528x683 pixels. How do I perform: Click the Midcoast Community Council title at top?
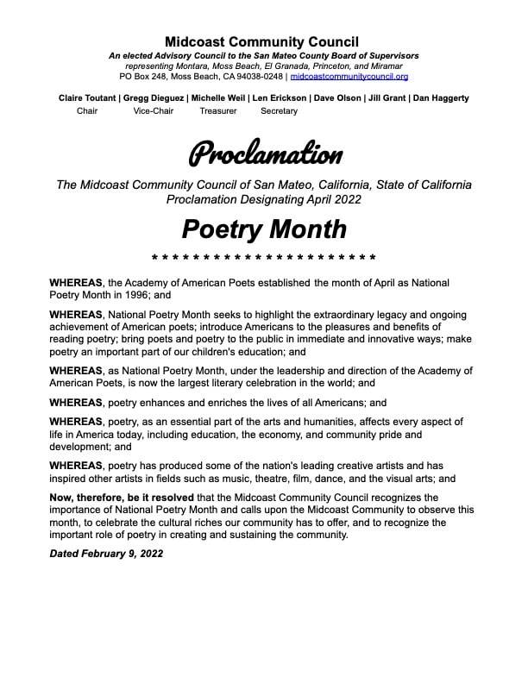pos(263,42)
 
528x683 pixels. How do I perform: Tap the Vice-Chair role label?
pos(154,111)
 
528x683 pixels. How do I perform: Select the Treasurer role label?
pos(217,111)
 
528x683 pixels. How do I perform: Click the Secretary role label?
pos(279,111)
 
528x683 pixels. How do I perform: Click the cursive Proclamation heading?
pos(264,154)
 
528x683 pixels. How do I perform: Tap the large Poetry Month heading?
pos(264,229)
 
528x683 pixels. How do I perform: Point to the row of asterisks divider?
pos(264,258)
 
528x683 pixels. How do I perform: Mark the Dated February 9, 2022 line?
pos(106,553)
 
